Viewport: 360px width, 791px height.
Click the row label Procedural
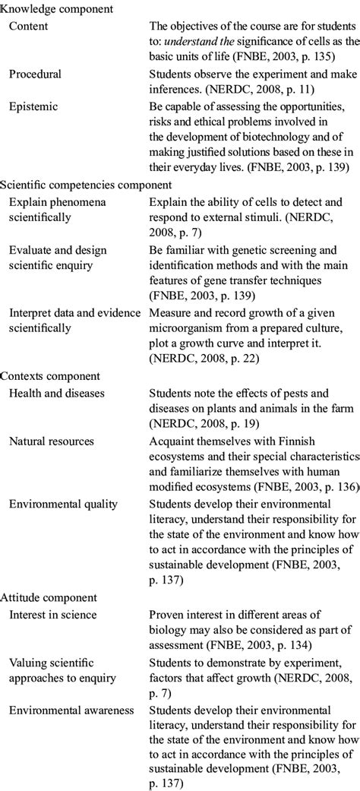pos(35,74)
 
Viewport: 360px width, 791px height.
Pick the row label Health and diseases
pos(57,393)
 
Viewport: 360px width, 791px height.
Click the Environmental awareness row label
pos(71,710)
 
